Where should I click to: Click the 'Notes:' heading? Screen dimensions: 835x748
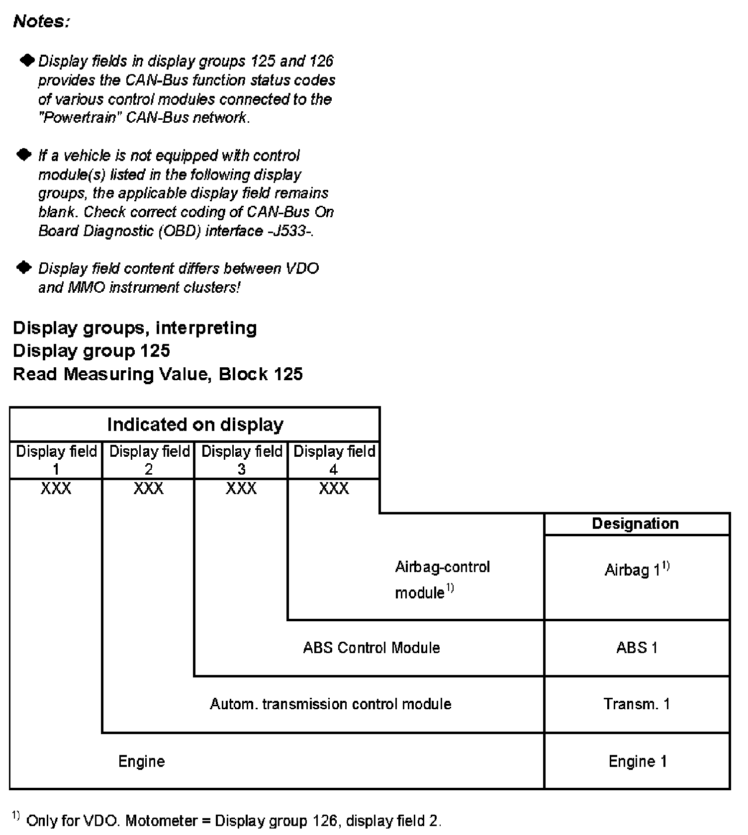pyautogui.click(x=41, y=21)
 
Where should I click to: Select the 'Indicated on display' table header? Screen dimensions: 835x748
pyautogui.click(x=195, y=424)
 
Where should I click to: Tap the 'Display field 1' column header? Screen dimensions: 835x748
pyautogui.click(x=56, y=460)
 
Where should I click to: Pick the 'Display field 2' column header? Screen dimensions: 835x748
pyautogui.click(x=149, y=460)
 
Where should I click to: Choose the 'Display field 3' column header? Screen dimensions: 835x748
pyautogui.click(x=242, y=460)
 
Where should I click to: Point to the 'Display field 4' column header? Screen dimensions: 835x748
pyautogui.click(x=334, y=460)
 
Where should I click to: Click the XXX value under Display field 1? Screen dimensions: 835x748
pyautogui.click(x=56, y=489)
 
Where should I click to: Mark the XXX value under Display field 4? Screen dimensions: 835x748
pyautogui.click(x=334, y=489)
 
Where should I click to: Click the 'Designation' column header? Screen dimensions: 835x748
pyautogui.click(x=635, y=523)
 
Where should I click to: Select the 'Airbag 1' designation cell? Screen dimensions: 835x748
pyautogui.click(x=637, y=570)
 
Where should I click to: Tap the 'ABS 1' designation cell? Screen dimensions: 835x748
pyautogui.click(x=637, y=648)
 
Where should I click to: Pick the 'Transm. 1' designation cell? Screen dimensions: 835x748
pyautogui.click(x=637, y=704)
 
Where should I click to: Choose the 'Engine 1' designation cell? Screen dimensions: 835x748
pyautogui.click(x=637, y=761)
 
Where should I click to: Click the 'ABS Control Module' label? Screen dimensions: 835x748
pyautogui.click(x=372, y=648)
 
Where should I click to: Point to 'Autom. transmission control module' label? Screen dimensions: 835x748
pyautogui.click(x=330, y=704)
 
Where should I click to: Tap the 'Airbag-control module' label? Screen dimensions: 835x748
pyautogui.click(x=442, y=580)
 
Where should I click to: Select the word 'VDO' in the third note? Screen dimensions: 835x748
pyautogui.click(x=302, y=269)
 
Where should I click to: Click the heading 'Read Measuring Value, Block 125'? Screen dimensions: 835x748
pyautogui.click(x=158, y=374)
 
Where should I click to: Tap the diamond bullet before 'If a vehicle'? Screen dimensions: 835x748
pyautogui.click(x=24, y=155)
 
